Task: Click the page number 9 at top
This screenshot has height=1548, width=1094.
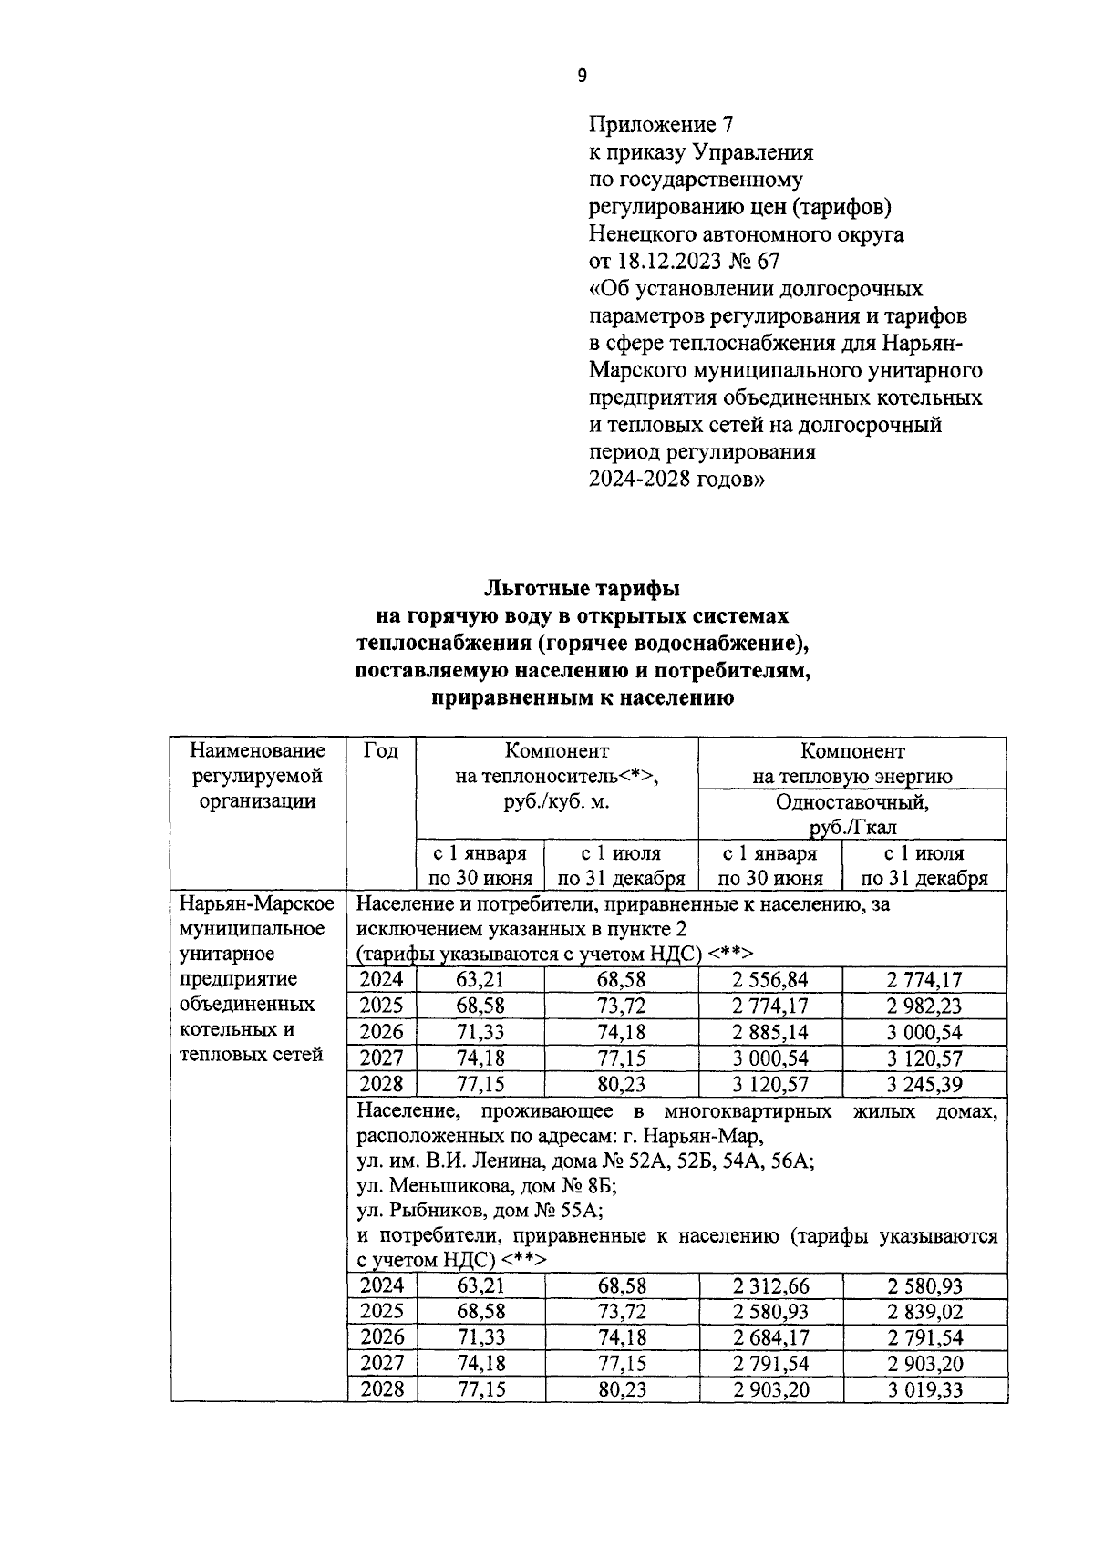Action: click(x=583, y=77)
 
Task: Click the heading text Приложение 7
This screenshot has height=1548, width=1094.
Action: click(x=661, y=124)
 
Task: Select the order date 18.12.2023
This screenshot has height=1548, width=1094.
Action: click(x=668, y=261)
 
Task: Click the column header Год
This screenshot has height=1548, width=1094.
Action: click(x=380, y=751)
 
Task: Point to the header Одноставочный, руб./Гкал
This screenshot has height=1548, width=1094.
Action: click(x=851, y=814)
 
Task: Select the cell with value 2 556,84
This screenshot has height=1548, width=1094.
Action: click(x=769, y=980)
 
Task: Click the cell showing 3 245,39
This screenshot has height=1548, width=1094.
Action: click(x=924, y=1085)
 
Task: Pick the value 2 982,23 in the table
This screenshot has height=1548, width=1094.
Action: click(x=924, y=1006)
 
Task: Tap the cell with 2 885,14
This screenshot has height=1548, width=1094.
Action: click(x=769, y=1033)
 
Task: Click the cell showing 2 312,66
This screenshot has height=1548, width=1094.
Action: click(x=770, y=1286)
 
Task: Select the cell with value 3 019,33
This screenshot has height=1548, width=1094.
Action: click(x=924, y=1390)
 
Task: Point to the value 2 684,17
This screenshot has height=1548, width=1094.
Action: click(x=770, y=1338)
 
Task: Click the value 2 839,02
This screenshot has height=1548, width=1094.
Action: click(x=924, y=1313)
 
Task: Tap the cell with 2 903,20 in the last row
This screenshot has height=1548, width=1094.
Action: click(x=770, y=1390)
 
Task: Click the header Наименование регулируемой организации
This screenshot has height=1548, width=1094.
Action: click(x=257, y=776)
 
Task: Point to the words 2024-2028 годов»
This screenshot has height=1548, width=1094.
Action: click(x=676, y=480)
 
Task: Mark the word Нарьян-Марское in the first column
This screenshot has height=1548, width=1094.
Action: click(x=257, y=903)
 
